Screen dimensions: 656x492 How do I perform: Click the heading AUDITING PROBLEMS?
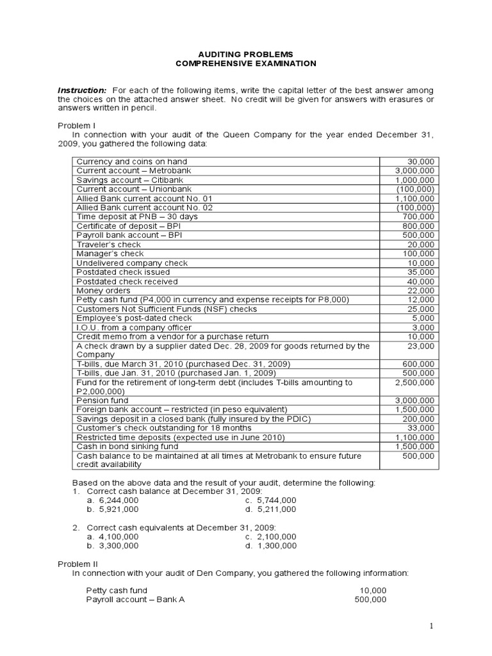(246, 54)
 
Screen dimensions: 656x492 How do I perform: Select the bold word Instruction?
(82, 91)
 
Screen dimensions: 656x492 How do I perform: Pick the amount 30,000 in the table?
(420, 161)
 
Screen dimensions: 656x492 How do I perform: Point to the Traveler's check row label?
(108, 244)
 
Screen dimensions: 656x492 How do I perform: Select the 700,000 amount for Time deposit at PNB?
(418, 217)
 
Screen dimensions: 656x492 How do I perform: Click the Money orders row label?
(103, 290)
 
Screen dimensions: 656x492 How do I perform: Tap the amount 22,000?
(420, 290)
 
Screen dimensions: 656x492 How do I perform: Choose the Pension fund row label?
(102, 400)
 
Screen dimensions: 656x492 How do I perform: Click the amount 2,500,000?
(414, 382)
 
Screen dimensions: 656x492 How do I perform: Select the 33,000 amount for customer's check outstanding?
(420, 428)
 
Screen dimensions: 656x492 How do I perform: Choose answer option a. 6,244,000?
(113, 500)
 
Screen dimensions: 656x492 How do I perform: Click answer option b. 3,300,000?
(113, 546)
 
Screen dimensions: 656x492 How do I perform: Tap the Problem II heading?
(78, 564)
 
